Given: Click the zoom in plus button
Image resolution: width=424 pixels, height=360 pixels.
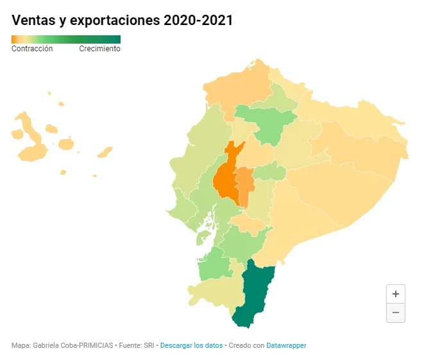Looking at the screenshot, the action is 396,294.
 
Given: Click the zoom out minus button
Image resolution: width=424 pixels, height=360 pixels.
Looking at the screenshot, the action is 396,313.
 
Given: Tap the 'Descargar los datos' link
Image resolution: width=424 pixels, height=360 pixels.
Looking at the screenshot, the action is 191,345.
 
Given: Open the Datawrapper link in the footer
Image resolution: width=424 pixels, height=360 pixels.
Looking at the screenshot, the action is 286,345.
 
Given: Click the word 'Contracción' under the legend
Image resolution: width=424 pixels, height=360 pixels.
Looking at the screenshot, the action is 32,49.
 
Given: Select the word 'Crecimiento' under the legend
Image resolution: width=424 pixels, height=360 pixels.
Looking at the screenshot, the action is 100,49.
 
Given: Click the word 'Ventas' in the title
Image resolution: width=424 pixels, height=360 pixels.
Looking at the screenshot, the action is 33,21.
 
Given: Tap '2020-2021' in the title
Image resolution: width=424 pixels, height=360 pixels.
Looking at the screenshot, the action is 198,21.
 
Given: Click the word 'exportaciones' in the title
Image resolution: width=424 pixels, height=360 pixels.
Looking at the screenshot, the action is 115,21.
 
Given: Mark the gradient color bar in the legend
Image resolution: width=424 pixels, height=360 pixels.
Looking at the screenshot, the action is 66,40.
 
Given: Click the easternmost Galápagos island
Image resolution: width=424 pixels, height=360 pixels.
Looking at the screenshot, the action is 105,152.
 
